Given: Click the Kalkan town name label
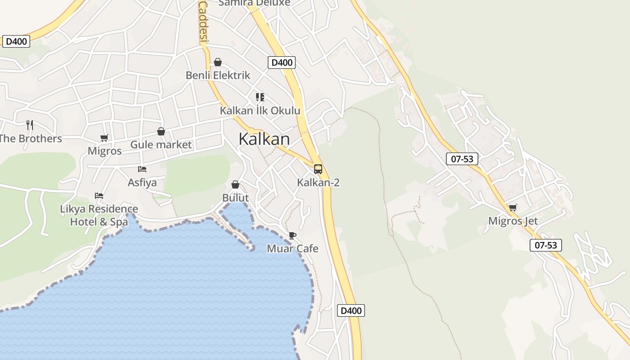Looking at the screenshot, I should (264, 139).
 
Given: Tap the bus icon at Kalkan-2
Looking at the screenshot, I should (318, 169).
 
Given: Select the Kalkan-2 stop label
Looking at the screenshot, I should (318, 182).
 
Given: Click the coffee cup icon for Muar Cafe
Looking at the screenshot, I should (292, 235).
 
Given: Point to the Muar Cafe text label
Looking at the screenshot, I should (292, 248).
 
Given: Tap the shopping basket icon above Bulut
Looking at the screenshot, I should (235, 184).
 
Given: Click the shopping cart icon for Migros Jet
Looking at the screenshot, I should (513, 207).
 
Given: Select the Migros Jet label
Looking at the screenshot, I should (513, 221).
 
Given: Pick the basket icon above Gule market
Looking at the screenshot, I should (161, 131).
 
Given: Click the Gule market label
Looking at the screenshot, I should (161, 144).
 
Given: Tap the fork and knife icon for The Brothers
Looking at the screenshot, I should (30, 125).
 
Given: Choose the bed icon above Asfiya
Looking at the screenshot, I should (142, 169).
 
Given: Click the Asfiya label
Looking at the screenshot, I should (142, 182).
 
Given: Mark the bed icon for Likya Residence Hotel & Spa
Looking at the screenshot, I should (99, 196).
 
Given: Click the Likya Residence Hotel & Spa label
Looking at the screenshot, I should (99, 215).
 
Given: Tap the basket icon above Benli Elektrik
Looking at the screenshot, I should (218, 62).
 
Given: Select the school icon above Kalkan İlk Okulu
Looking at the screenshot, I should (260, 97).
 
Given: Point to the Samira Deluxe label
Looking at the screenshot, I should (254, 3).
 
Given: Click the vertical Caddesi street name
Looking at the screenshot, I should (203, 21).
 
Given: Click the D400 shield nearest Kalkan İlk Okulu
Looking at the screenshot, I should (282, 63).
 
